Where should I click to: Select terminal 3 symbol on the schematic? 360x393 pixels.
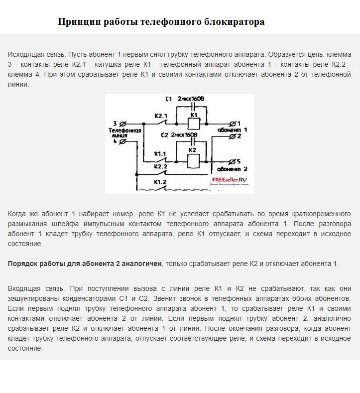122,123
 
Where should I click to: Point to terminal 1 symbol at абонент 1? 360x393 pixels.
232,123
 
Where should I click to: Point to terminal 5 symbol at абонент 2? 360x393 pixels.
232,161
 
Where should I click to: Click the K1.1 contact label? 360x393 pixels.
160,153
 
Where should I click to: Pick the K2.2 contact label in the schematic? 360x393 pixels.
160,166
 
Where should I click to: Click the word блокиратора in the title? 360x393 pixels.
235,22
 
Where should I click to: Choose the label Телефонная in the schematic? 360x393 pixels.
125,130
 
